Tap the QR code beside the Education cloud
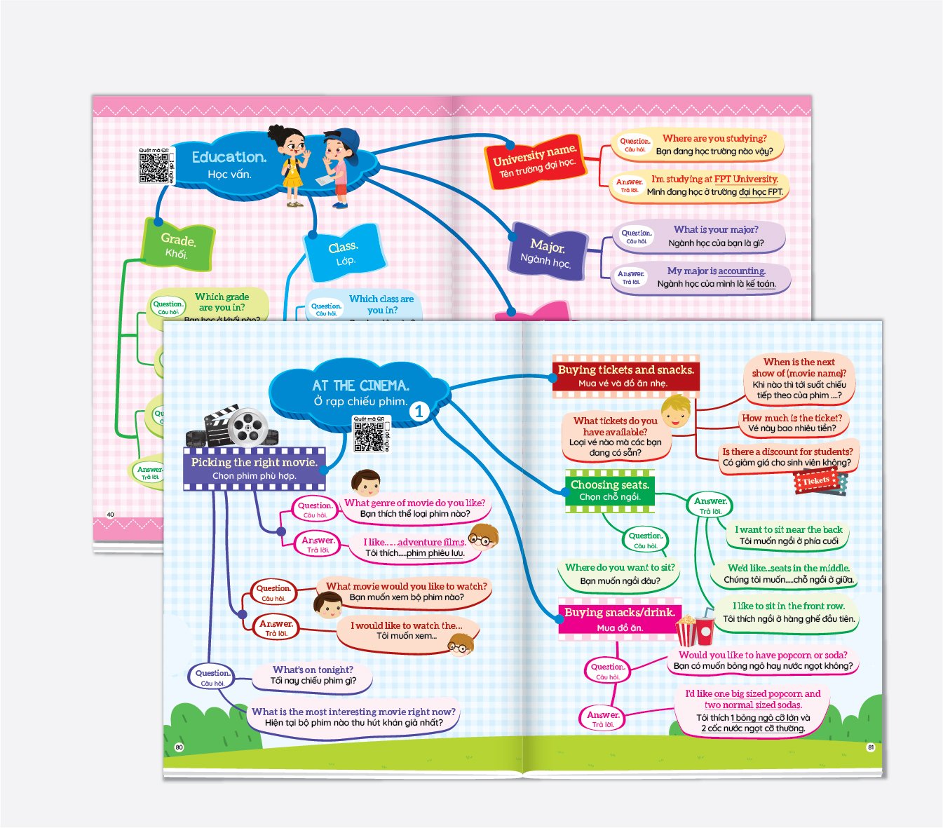pos(154,166)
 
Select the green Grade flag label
pos(178,245)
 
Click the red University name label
pos(535,161)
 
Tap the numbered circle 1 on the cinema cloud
pos(419,412)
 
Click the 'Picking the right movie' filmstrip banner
pos(254,468)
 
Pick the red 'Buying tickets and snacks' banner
pos(625,376)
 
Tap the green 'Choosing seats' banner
pos(609,490)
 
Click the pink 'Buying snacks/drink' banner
pos(619,619)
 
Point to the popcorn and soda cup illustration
pos(694,630)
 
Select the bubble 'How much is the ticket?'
pos(792,423)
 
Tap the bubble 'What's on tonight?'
pos(313,675)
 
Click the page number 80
pos(179,747)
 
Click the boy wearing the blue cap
pos(340,167)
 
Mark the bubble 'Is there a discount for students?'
pos(787,457)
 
